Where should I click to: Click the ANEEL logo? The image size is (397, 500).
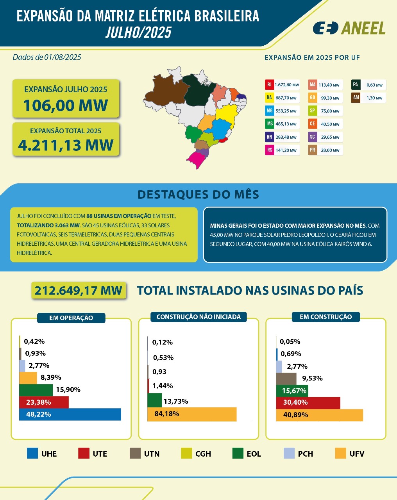[x=349, y=28]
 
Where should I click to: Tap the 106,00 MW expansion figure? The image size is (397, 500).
[x=66, y=105]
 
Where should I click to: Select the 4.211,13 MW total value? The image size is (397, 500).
[x=66, y=145]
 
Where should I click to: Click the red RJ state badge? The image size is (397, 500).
[x=269, y=85]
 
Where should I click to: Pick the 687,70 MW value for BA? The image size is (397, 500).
[x=286, y=98]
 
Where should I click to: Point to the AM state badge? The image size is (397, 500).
[x=356, y=98]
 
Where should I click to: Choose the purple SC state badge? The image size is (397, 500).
[x=312, y=137]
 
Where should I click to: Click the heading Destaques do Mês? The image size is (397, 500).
[x=198, y=195]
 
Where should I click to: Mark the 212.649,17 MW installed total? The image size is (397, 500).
[x=79, y=291]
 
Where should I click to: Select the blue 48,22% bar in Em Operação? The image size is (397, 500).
[x=70, y=414]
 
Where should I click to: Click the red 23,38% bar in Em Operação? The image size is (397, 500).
[x=44, y=402]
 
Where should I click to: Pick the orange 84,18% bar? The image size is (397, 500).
[x=191, y=414]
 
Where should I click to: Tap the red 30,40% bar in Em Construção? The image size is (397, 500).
[x=308, y=403]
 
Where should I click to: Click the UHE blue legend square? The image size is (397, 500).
[x=32, y=454]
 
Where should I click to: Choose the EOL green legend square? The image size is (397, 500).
[x=238, y=454]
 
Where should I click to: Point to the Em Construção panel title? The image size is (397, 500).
[x=325, y=317]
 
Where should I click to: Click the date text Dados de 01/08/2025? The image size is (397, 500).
[x=47, y=57]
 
